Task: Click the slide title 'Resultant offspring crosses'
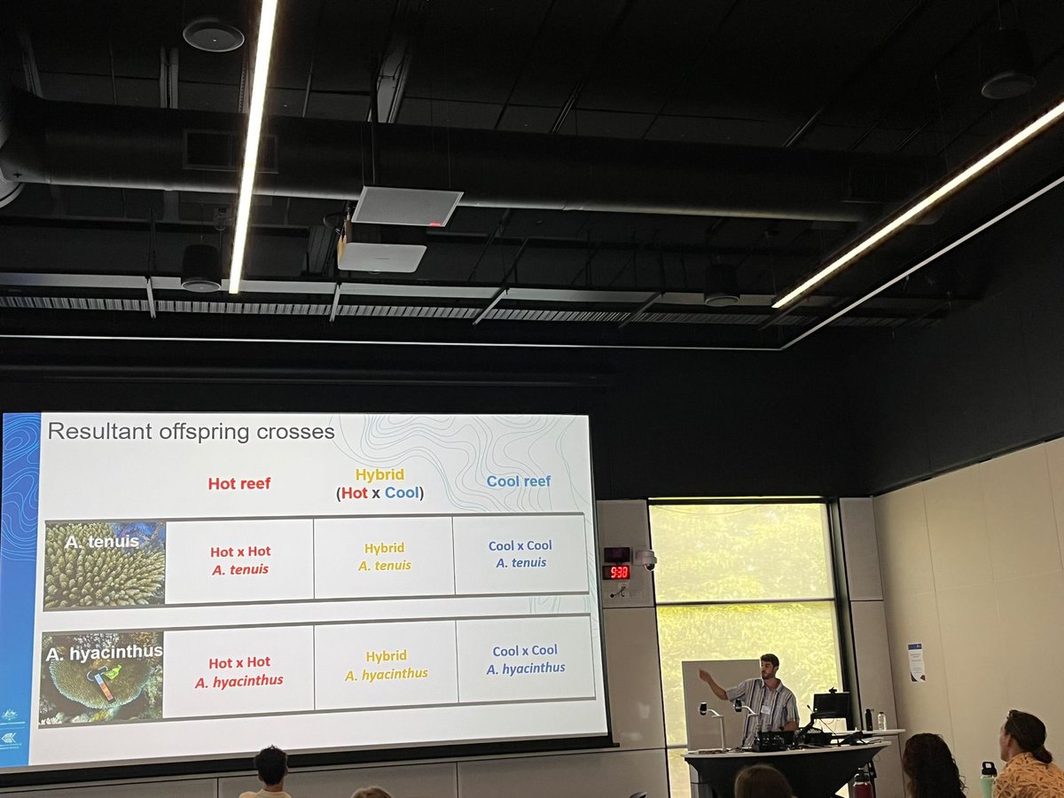coord(191,432)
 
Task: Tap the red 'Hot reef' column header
coord(239,483)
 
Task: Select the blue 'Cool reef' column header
coord(519,481)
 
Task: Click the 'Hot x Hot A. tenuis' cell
coord(240,560)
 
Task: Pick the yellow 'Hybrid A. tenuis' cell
coord(384,557)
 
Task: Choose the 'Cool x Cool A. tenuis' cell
coord(520,554)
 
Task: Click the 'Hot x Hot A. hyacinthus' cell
coord(239,671)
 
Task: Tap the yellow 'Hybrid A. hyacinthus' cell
coord(386,665)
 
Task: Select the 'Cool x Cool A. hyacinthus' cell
coord(525,660)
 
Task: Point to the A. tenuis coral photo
coord(105,565)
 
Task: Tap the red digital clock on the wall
coord(616,572)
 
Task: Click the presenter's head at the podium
coord(770,666)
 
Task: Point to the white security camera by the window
coord(647,559)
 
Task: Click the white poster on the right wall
coord(916,661)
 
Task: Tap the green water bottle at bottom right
coord(988,779)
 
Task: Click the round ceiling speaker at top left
coord(213,35)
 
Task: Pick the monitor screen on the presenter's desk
coord(831,706)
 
